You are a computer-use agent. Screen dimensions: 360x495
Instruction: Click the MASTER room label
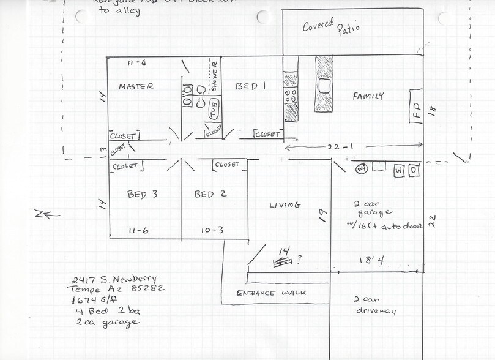pyautogui.click(x=136, y=86)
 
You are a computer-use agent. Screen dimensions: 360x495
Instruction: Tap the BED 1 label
pyautogui.click(x=250, y=87)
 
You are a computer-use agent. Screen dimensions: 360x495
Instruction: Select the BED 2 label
pyautogui.click(x=210, y=195)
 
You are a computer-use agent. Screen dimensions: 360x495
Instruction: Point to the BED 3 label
pyautogui.click(x=142, y=195)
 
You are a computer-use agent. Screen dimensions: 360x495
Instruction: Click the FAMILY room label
pyautogui.click(x=368, y=96)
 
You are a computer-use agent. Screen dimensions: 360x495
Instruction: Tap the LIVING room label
pyautogui.click(x=285, y=204)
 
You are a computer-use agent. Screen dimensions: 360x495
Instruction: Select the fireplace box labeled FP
pyautogui.click(x=416, y=106)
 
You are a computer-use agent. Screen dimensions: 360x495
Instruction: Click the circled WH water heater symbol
pyautogui.click(x=362, y=169)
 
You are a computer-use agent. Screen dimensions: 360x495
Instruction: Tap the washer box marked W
pyautogui.click(x=399, y=170)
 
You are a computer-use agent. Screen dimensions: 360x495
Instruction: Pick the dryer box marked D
pyautogui.click(x=414, y=170)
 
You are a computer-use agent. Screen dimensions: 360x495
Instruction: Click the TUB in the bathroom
pyautogui.click(x=214, y=111)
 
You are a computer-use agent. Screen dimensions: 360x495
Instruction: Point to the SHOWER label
pyautogui.click(x=214, y=76)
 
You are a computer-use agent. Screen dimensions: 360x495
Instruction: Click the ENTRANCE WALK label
pyautogui.click(x=271, y=293)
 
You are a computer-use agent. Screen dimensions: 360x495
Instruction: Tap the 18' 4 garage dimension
pyautogui.click(x=371, y=261)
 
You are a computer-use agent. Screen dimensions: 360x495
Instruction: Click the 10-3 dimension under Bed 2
pyautogui.click(x=211, y=231)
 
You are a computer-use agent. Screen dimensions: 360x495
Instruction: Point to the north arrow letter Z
pyautogui.click(x=38, y=214)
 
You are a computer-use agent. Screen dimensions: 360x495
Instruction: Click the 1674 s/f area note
pyautogui.click(x=91, y=301)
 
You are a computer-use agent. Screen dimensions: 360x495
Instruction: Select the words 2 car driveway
pyautogui.click(x=374, y=306)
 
